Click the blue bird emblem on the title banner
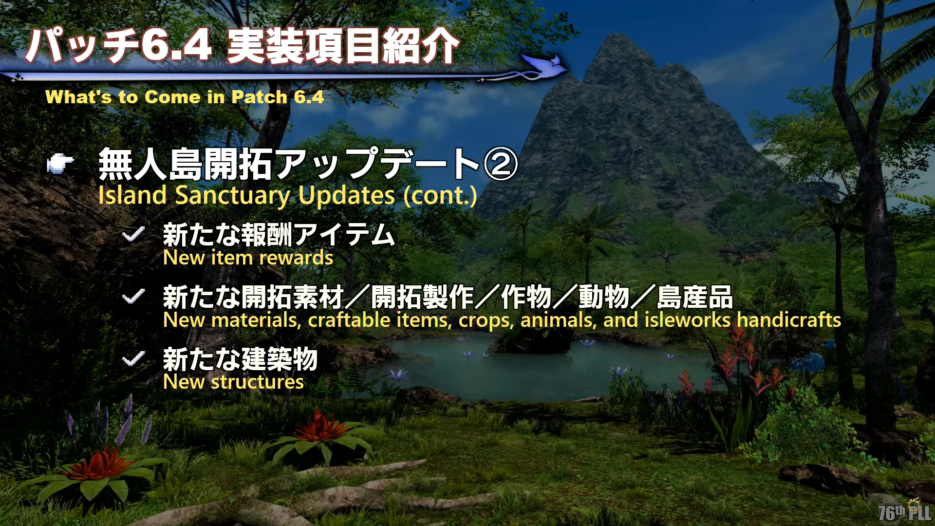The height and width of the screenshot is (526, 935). (x=544, y=67)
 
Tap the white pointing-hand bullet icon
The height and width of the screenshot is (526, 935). (x=60, y=164)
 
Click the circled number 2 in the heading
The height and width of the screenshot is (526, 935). (x=500, y=164)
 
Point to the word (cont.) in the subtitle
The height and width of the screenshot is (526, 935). (x=440, y=196)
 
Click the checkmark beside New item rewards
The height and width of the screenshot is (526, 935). (x=133, y=234)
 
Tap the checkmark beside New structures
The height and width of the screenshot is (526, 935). (x=133, y=359)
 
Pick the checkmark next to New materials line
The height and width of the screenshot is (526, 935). (x=133, y=296)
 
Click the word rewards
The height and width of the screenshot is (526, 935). (x=296, y=258)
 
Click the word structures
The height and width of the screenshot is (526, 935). (x=257, y=382)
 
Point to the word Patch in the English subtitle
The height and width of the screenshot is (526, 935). (x=259, y=97)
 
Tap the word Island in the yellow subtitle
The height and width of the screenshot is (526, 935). (x=132, y=195)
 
